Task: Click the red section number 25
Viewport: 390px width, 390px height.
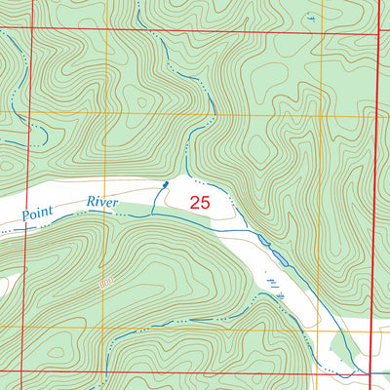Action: [200, 203]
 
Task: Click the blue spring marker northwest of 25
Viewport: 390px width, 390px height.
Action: [165, 182]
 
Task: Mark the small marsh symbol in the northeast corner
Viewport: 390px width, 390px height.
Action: [310, 17]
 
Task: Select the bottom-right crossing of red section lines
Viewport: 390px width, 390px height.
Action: [370, 372]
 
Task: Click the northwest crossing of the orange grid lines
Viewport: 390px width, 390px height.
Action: [105, 114]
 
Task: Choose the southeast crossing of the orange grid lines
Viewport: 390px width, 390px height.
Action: [316, 329]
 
